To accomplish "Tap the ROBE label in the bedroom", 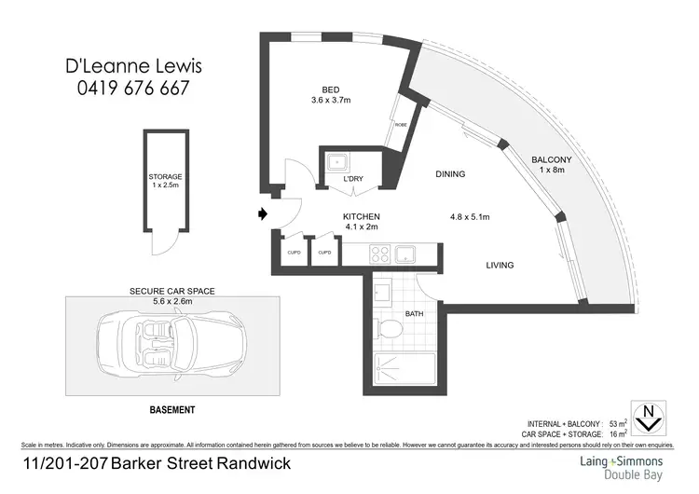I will point(401,124).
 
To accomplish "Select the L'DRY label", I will point(353,178).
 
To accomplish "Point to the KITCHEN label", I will point(362,216).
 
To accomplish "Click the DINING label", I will point(450,174).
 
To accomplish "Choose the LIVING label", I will point(500,266).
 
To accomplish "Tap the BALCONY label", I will point(551,159).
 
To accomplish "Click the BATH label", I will point(415,314).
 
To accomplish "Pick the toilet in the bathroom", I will point(390,328).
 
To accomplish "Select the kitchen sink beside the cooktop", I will point(406,254).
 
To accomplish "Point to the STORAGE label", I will point(165,177).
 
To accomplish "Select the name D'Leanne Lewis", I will point(131,67).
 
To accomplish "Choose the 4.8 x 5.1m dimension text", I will point(471,217).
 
